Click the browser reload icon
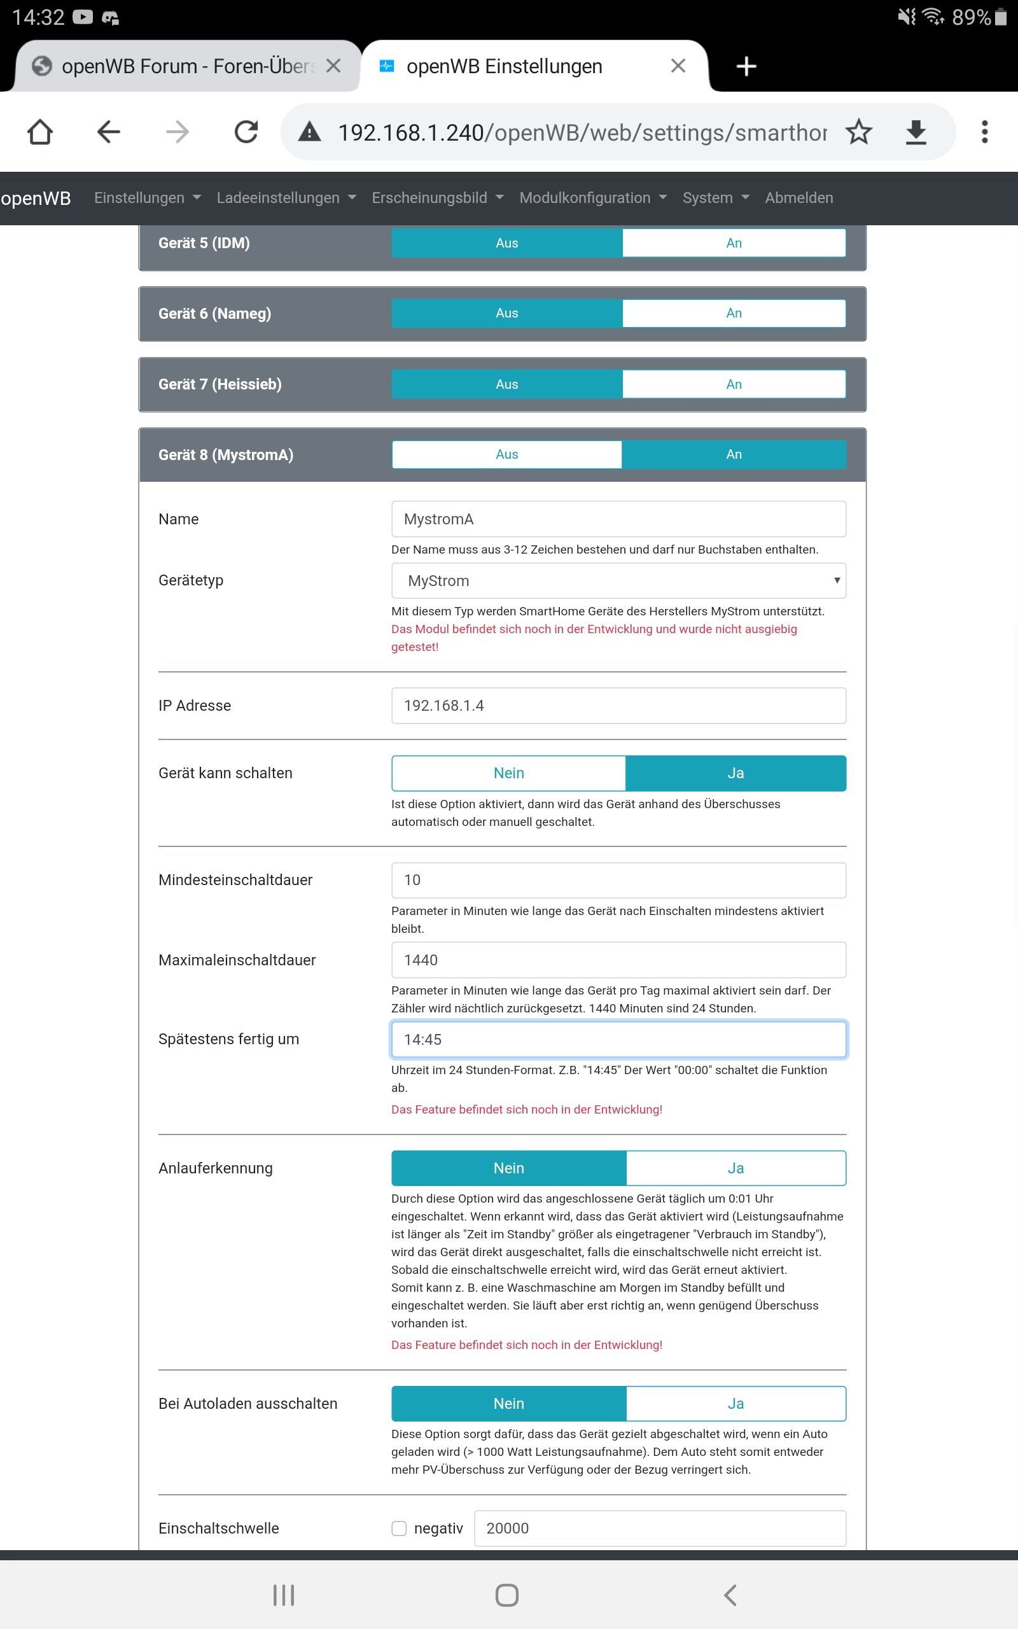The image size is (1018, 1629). [x=246, y=132]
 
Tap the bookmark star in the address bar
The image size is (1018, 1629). [x=858, y=132]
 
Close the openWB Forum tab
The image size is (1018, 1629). [x=333, y=66]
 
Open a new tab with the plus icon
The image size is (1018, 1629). [x=746, y=66]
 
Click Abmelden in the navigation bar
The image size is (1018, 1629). [x=798, y=198]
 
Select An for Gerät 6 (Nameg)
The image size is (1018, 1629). [x=733, y=314]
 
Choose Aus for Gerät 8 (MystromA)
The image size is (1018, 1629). [x=506, y=454]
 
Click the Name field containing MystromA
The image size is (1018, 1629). [x=618, y=519]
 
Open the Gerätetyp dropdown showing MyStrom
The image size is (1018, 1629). [x=618, y=581]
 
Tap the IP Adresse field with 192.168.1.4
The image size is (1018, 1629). [x=618, y=706]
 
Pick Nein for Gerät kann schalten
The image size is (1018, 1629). [x=508, y=773]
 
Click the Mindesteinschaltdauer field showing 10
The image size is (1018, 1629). [x=618, y=880]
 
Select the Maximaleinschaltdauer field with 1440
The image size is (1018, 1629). [x=618, y=960]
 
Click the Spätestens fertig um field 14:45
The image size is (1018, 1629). [x=618, y=1039]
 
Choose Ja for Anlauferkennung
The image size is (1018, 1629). [x=736, y=1168]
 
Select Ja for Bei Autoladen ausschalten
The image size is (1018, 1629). [x=736, y=1404]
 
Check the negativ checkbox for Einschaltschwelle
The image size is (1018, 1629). [x=400, y=1528]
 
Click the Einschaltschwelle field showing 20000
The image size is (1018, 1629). [x=660, y=1528]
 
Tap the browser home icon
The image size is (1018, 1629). [x=39, y=132]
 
